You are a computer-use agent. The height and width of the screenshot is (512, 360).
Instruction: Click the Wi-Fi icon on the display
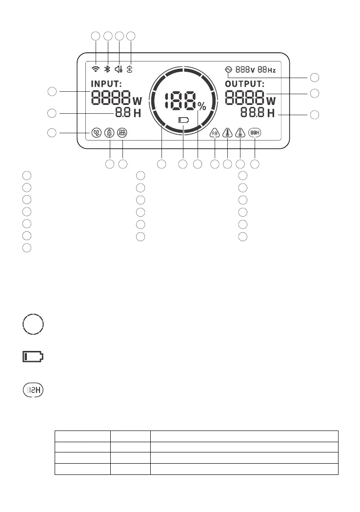[96, 69]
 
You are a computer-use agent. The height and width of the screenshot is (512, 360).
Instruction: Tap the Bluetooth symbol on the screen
[107, 69]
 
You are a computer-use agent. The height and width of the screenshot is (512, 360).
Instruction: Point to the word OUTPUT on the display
[244, 83]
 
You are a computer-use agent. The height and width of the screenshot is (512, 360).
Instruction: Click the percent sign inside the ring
[202, 107]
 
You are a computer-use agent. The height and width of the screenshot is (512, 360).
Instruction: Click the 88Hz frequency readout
[267, 70]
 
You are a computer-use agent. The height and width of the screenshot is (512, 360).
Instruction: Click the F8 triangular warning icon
[215, 133]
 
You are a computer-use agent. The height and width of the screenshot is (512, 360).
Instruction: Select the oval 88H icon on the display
[254, 132]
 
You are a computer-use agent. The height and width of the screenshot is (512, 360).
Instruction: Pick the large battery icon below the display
[33, 357]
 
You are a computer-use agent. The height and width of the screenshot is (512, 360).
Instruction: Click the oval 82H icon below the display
[33, 390]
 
